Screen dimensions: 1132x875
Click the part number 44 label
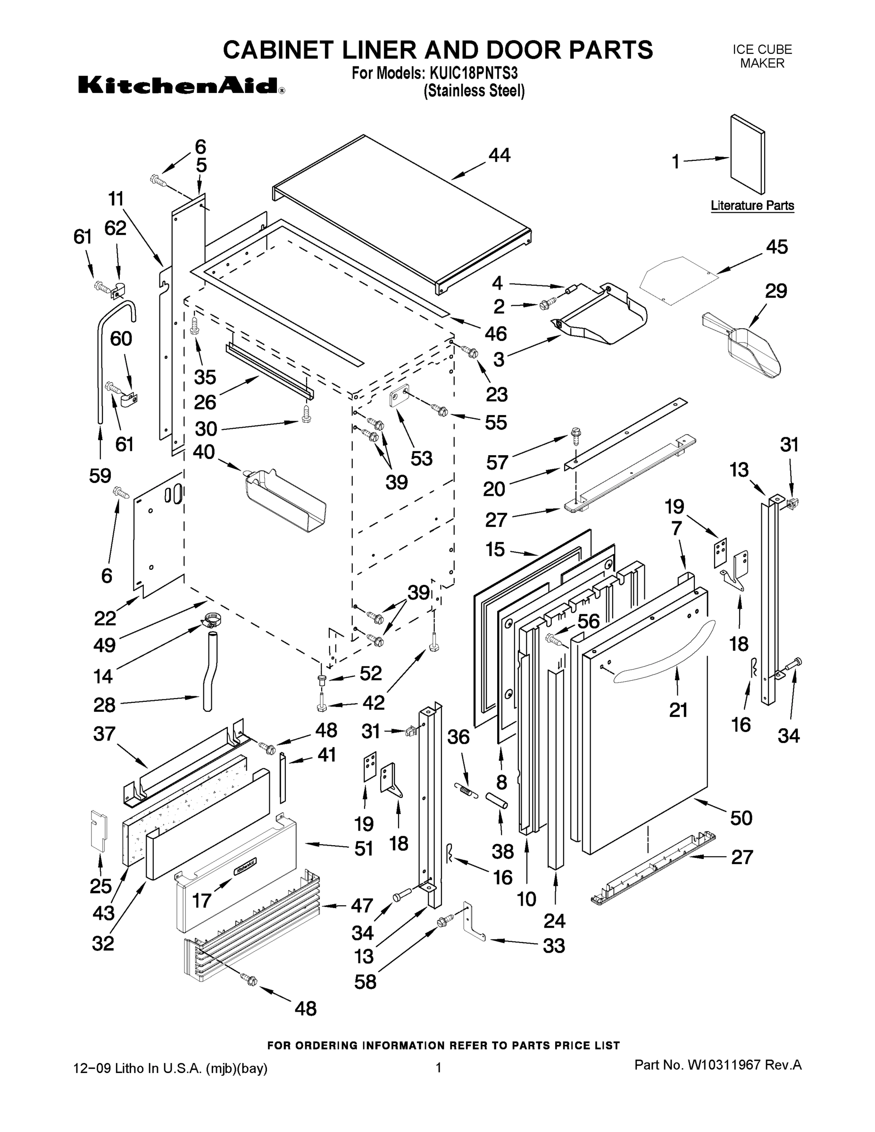click(x=499, y=155)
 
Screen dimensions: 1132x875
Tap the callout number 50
click(x=741, y=817)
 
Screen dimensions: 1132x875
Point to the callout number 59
click(x=100, y=475)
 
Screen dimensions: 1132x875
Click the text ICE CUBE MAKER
click(x=761, y=57)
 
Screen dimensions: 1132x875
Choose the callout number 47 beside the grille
click(x=362, y=905)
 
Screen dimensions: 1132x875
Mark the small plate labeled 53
click(x=398, y=398)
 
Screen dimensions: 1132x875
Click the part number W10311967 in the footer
click(x=723, y=1065)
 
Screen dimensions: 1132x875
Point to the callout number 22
click(x=105, y=618)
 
